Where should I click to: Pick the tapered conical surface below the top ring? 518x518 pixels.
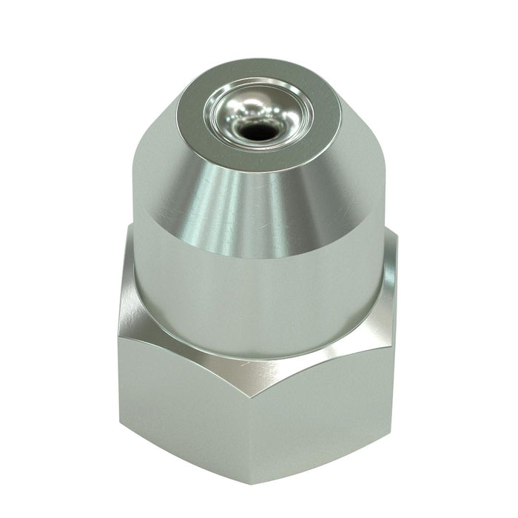pyautogui.click(x=311, y=200)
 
